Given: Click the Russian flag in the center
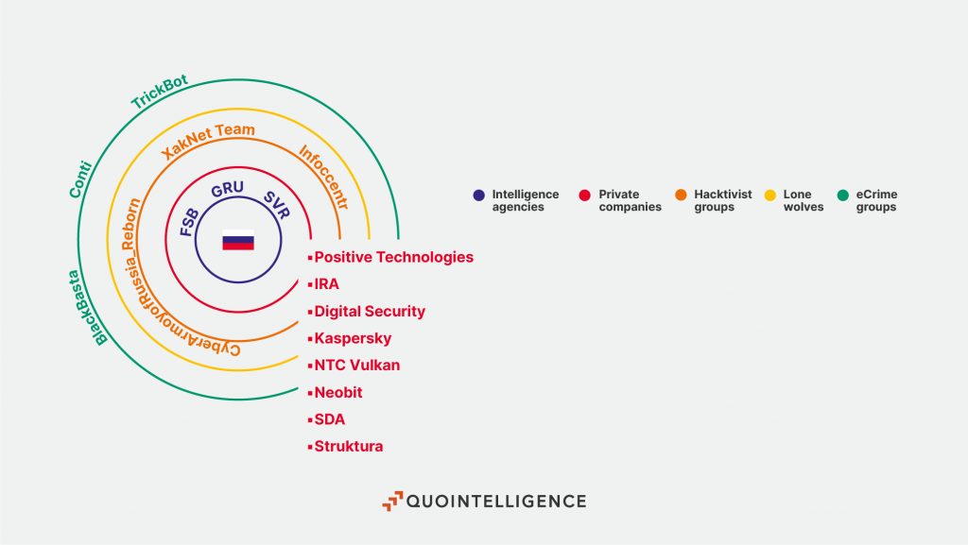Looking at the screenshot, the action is (x=238, y=241).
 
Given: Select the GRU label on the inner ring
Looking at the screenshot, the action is (x=227, y=189).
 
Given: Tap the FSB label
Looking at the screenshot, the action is (x=189, y=223).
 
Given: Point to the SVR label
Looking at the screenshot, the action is (x=277, y=205).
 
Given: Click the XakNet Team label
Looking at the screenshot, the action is (x=207, y=140).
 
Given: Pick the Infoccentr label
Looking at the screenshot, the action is (x=324, y=177).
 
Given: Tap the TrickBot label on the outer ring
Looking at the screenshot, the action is (x=159, y=92).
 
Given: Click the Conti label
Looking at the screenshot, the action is (x=80, y=179).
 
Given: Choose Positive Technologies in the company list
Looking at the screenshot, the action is (x=394, y=257).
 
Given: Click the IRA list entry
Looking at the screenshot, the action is (x=326, y=284).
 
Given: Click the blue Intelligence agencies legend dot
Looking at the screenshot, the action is (x=479, y=195).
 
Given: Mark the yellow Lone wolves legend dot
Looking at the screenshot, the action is (x=770, y=195).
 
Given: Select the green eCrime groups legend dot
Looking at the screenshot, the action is (x=842, y=195).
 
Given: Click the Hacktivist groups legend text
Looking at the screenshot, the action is (x=723, y=200).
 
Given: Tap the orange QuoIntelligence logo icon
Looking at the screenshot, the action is (x=392, y=502).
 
